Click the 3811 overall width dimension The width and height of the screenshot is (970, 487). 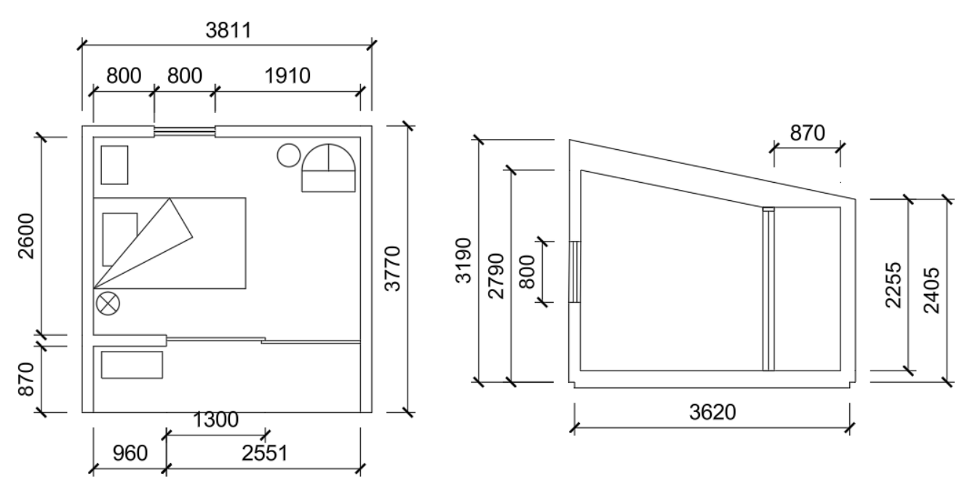[x=228, y=31]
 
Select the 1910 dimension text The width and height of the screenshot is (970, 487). [x=287, y=76]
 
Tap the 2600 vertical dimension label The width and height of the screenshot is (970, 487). [x=26, y=236]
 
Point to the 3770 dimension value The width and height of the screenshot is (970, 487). [x=393, y=269]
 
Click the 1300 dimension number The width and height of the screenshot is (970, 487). [x=215, y=419]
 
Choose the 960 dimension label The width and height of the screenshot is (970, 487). [x=130, y=454]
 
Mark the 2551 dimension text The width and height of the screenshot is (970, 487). [x=265, y=454]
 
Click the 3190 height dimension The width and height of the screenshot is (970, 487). [x=464, y=261]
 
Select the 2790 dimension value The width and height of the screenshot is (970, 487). [x=496, y=276]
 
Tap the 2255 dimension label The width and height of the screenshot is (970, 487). [x=893, y=285]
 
